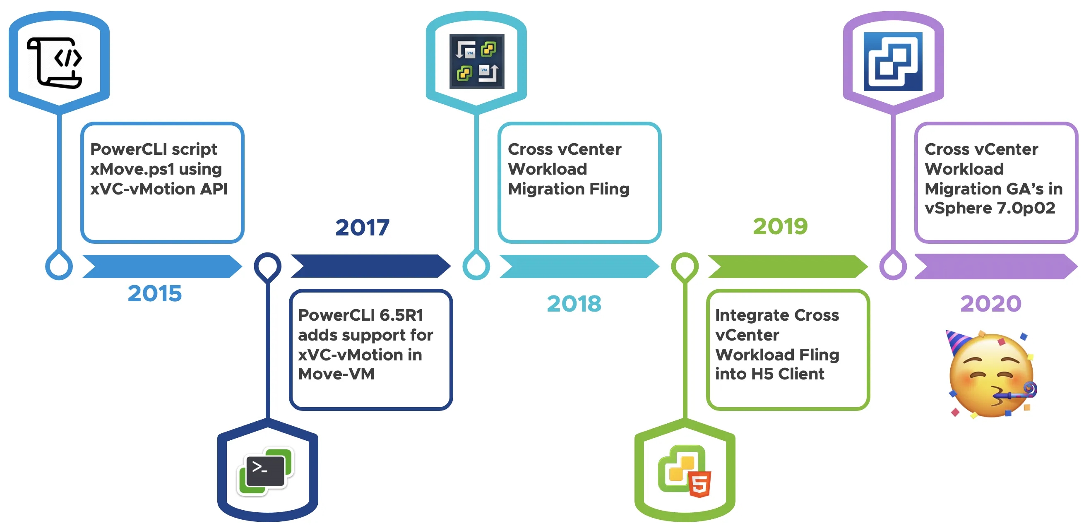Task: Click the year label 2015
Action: pyautogui.click(x=155, y=293)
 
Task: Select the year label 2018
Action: pyautogui.click(x=574, y=304)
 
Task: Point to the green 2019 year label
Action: pyautogui.click(x=780, y=226)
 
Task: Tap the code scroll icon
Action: pyautogui.click(x=55, y=62)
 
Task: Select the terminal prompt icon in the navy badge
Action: pyautogui.click(x=266, y=471)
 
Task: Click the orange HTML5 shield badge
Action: pyautogui.click(x=699, y=484)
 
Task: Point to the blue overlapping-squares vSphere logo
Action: pyautogui.click(x=893, y=61)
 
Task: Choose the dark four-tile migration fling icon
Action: pyautogui.click(x=476, y=61)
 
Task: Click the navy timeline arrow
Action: pyautogui.click(x=370, y=266)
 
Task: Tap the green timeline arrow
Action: pyautogui.click(x=788, y=266)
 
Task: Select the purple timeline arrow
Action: pyautogui.click(x=996, y=266)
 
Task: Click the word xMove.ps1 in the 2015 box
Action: pyautogui.click(x=132, y=169)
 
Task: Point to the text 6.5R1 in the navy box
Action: pyautogui.click(x=401, y=315)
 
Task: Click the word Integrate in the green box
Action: pyautogui.click(x=752, y=315)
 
